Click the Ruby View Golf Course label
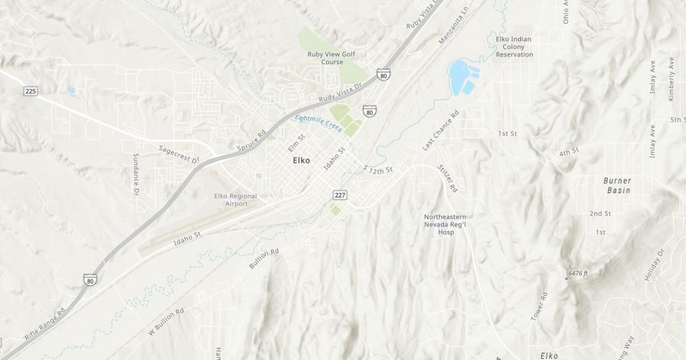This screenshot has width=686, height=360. pos(332,58)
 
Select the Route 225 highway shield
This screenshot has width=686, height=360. pos(31,91)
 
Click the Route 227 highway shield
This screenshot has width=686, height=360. pos(340,195)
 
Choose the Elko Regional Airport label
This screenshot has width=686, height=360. pos(236,199)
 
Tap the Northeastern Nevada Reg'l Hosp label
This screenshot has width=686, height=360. pos(445,225)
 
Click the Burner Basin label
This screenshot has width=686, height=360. pos(617,185)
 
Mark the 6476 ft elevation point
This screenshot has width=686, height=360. pos(567,278)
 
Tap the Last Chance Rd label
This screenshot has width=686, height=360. pos(440,131)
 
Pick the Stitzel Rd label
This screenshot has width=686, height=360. pos(447,178)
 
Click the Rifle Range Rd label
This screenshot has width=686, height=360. pos(45,324)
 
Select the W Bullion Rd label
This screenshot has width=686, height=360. pos(166,321)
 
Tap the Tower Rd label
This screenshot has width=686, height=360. pos(539,306)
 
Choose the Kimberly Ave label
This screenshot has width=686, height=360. pos(671,79)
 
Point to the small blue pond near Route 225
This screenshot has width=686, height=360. pos(72,90)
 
